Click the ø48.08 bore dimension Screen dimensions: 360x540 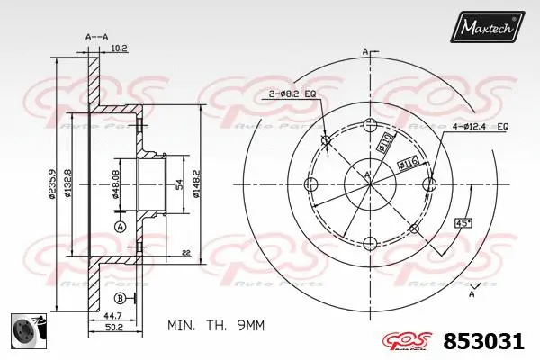pos(114,184)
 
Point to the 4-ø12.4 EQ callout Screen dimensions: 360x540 pos(481,128)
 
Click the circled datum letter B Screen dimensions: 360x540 pos(121,299)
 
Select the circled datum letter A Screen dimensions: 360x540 pos(121,225)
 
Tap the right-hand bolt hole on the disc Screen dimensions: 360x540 pos(429,185)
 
